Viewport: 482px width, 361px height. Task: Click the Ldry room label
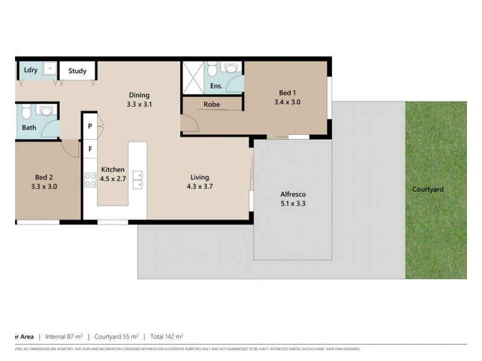click(x=31, y=70)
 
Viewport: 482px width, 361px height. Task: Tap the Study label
click(x=77, y=71)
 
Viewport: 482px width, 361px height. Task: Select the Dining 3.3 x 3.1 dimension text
click(x=139, y=104)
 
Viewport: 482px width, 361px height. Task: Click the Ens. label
click(x=216, y=86)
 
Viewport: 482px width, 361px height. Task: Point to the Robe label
click(x=211, y=105)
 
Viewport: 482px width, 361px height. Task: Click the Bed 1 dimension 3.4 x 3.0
click(x=287, y=102)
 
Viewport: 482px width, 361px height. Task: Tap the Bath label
click(x=29, y=128)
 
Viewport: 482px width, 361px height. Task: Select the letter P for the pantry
click(x=90, y=127)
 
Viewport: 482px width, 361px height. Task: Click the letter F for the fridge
click(x=90, y=148)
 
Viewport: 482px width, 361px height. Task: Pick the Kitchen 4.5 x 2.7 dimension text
click(x=113, y=179)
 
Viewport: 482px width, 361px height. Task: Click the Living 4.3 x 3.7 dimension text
click(x=199, y=187)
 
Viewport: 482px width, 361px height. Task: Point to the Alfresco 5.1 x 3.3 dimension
click(x=294, y=203)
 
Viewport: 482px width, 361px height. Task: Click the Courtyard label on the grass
click(x=428, y=190)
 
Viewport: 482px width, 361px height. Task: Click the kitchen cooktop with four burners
click(x=90, y=179)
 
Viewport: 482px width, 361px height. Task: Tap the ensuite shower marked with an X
click(x=193, y=77)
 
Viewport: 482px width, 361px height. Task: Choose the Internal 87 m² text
click(x=64, y=336)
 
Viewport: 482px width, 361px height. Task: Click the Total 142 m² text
click(x=167, y=336)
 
